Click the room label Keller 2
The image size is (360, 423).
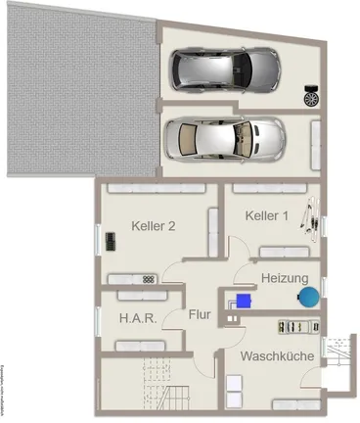(x=153, y=226)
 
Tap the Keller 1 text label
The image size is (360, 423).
(x=266, y=215)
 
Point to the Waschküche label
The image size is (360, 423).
(x=277, y=356)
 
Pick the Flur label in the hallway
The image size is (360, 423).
(x=200, y=316)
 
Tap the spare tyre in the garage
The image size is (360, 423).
(x=312, y=96)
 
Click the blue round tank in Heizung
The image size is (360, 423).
(x=309, y=294)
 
